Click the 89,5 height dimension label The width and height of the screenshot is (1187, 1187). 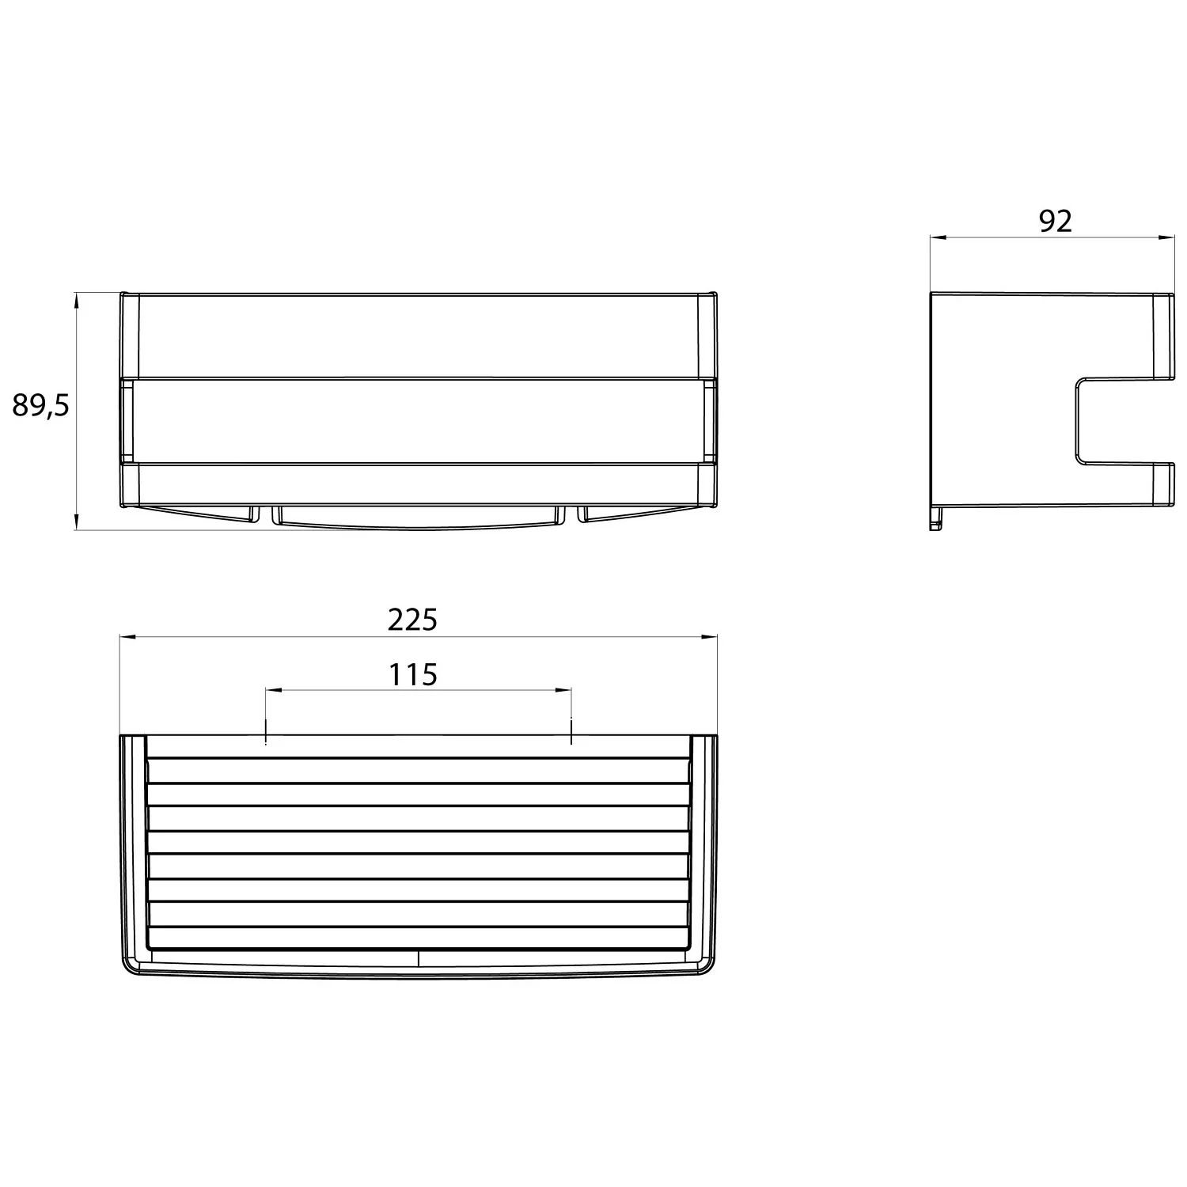click(41, 406)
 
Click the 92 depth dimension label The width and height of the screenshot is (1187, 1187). click(1055, 222)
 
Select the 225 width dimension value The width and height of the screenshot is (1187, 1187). click(412, 620)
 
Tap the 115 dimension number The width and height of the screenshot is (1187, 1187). click(413, 674)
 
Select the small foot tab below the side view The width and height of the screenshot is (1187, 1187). click(936, 520)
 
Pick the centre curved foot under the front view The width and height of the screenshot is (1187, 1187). click(418, 518)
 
